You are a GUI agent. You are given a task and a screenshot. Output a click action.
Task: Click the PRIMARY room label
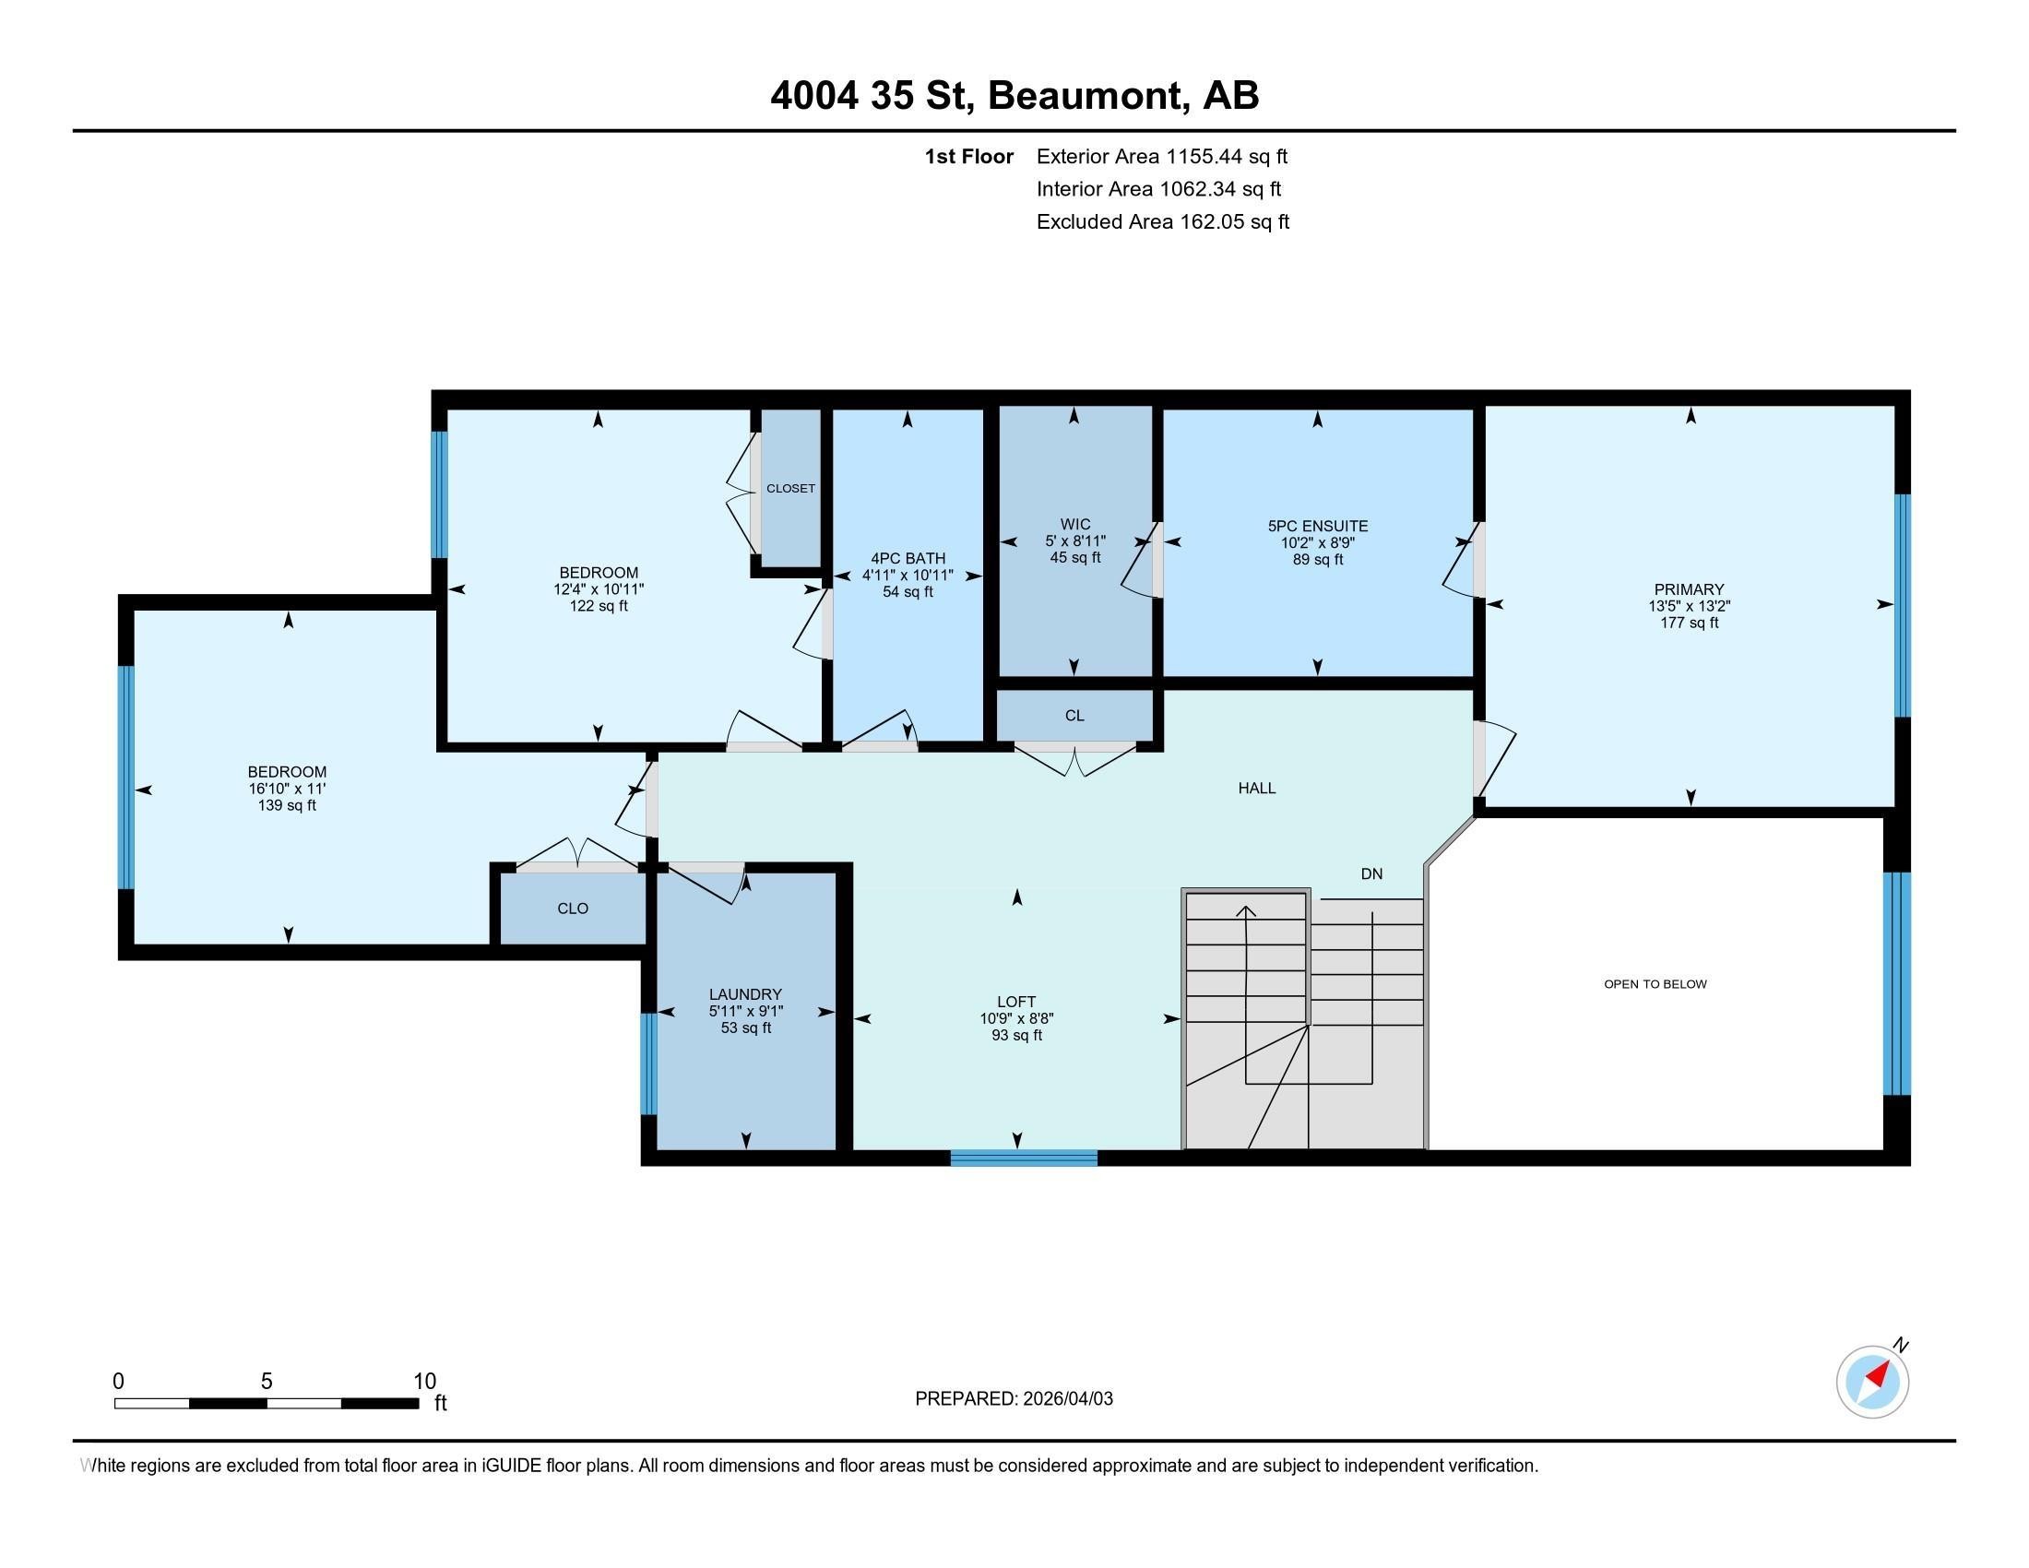[x=1688, y=589]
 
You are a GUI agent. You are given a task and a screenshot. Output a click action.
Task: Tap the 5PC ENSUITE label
[x=1316, y=526]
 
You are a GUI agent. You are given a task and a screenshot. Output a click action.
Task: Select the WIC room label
[x=1074, y=524]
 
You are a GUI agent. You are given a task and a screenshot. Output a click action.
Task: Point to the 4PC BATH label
[x=907, y=558]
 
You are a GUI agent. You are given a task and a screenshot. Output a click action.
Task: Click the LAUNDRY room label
[x=745, y=994]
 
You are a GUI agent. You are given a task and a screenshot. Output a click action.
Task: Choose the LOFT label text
[x=1016, y=1002]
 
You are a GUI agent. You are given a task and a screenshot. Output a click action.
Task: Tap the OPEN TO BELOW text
[x=1655, y=984]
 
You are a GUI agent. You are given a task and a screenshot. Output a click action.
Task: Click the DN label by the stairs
[x=1371, y=873]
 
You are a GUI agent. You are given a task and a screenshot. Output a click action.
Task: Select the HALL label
[x=1256, y=788]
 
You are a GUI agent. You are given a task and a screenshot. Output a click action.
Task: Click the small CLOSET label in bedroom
[x=789, y=488]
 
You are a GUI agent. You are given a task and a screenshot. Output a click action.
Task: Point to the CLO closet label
[x=573, y=909]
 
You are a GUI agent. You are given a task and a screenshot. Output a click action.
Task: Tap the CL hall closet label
[x=1074, y=715]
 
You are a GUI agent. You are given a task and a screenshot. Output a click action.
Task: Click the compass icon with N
[x=1872, y=1382]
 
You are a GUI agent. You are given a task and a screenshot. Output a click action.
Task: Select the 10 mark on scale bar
[x=424, y=1381]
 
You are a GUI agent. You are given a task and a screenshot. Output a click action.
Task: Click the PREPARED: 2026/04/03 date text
[x=1014, y=1398]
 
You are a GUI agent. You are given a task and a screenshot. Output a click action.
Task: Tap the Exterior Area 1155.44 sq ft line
[x=1161, y=156]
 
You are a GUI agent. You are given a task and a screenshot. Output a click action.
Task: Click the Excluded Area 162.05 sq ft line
[x=1162, y=221]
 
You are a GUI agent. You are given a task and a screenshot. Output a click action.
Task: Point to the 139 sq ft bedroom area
[x=286, y=805]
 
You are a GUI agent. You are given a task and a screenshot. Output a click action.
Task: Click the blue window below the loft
[x=1023, y=1158]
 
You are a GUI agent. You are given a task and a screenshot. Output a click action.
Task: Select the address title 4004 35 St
[x=1014, y=95]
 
